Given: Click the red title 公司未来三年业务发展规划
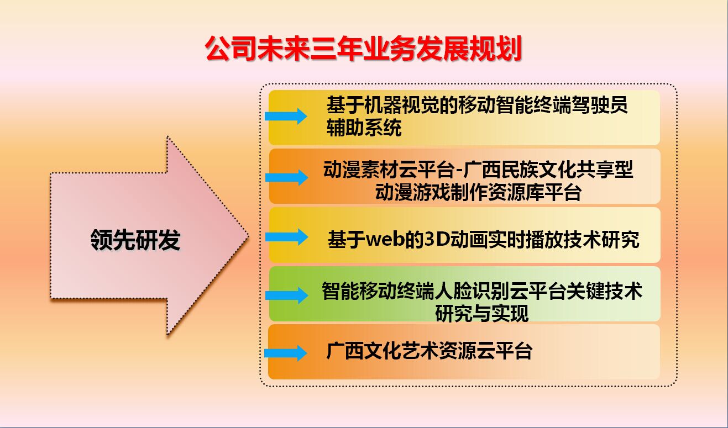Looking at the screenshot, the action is click(363, 49).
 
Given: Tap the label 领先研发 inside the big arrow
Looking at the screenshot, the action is click(135, 240).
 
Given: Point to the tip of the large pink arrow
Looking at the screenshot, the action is click(249, 236).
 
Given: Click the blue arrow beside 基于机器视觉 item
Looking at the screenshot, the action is click(286, 116).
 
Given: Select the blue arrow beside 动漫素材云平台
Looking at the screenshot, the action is click(287, 177).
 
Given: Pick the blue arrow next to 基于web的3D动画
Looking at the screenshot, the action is click(287, 237).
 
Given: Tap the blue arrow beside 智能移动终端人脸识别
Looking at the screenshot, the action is click(287, 295).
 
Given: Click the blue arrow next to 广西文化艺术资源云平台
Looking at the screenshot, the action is click(286, 353).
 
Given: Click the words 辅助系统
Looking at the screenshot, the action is click(364, 128).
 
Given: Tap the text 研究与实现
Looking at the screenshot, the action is click(482, 313).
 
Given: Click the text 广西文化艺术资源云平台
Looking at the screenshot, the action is click(429, 351).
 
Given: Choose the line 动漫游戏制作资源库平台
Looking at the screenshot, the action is click(478, 192).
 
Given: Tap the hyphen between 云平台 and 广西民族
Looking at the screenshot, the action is click(458, 171).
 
